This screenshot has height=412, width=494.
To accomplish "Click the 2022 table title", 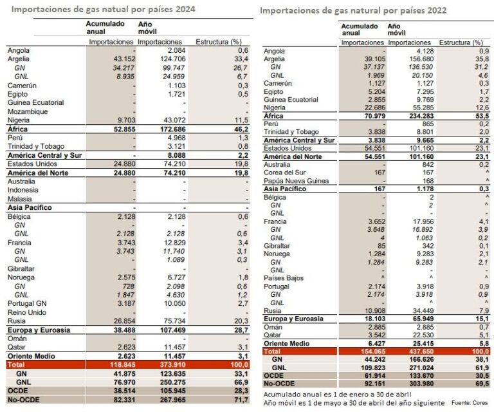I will point(353,12).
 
